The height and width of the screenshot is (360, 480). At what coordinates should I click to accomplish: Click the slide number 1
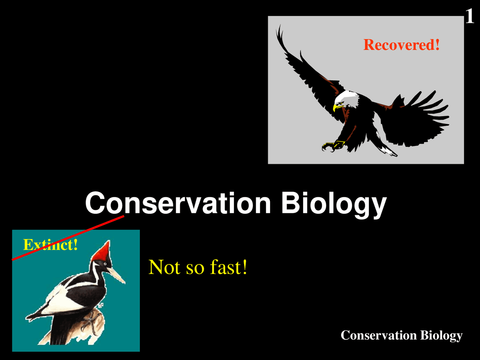[x=469, y=16]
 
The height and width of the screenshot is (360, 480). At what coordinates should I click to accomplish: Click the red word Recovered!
[x=402, y=45]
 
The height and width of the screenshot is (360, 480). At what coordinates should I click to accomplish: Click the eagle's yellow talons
[x=333, y=146]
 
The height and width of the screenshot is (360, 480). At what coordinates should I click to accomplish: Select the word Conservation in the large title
[x=178, y=203]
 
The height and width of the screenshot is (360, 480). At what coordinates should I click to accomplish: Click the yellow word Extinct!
[x=51, y=244]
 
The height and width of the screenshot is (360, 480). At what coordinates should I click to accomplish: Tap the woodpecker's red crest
[x=102, y=252]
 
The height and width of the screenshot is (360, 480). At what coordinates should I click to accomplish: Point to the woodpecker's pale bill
[x=116, y=274]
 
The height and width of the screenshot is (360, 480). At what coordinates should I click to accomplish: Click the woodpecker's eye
[x=105, y=264]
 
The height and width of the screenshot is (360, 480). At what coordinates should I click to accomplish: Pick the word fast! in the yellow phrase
[x=228, y=267]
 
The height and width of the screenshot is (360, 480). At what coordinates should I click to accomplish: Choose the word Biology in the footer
[x=441, y=336]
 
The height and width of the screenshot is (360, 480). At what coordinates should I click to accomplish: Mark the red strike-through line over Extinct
[x=68, y=238]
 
